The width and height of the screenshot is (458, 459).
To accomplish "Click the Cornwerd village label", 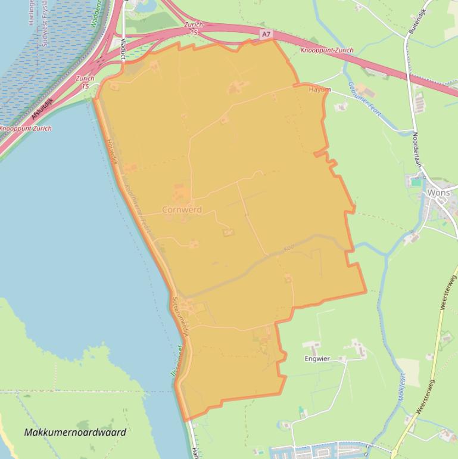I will (182, 210).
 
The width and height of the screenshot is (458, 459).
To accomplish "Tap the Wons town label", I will (439, 193).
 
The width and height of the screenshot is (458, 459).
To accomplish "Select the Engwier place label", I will (317, 359).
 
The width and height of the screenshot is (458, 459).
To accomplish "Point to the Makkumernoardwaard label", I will (75, 432).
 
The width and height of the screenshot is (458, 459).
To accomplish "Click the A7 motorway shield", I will (266, 35).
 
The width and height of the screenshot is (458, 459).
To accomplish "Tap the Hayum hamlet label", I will (320, 90).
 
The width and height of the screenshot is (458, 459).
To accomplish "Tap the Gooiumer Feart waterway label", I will (364, 99).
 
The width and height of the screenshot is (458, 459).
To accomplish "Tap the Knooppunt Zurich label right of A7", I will (326, 51).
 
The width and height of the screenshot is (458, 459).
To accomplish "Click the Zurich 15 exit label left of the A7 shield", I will (194, 28).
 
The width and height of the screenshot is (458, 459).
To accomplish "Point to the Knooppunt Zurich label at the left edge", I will (25, 129).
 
